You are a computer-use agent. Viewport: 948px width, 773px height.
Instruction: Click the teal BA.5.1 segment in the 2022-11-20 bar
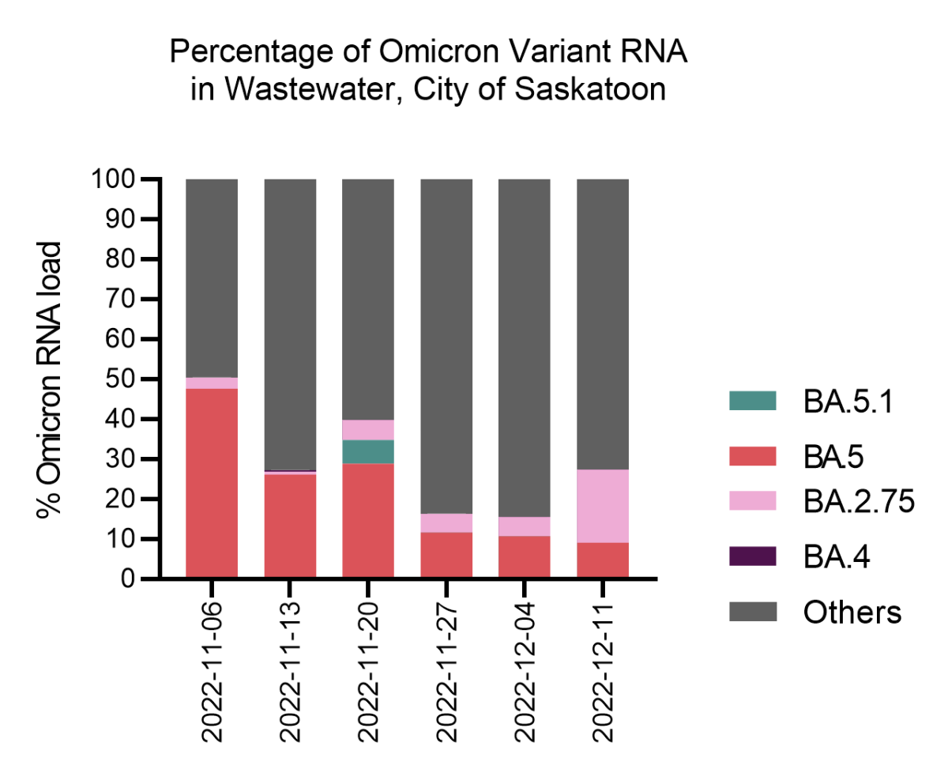(x=368, y=451)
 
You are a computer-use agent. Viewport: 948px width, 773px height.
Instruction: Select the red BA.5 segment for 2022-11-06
(x=212, y=484)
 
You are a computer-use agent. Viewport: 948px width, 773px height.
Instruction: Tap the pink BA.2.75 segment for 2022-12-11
(x=603, y=506)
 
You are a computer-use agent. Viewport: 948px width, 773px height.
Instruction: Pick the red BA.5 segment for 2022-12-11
(x=603, y=560)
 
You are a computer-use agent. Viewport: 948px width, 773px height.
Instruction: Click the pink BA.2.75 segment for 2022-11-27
(x=446, y=522)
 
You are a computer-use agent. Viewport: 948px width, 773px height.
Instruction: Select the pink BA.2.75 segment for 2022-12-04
(x=525, y=526)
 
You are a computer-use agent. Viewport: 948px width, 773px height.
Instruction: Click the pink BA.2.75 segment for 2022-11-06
(x=212, y=383)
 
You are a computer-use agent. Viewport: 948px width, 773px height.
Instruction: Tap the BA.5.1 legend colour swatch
(x=751, y=401)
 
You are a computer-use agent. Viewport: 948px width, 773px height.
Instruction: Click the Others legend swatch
(x=751, y=611)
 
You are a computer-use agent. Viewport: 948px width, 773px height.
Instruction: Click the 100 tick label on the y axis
(x=115, y=179)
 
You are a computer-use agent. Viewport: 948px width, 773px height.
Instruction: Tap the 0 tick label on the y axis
(x=131, y=579)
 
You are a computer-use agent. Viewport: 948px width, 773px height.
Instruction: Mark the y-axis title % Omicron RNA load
(x=48, y=379)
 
